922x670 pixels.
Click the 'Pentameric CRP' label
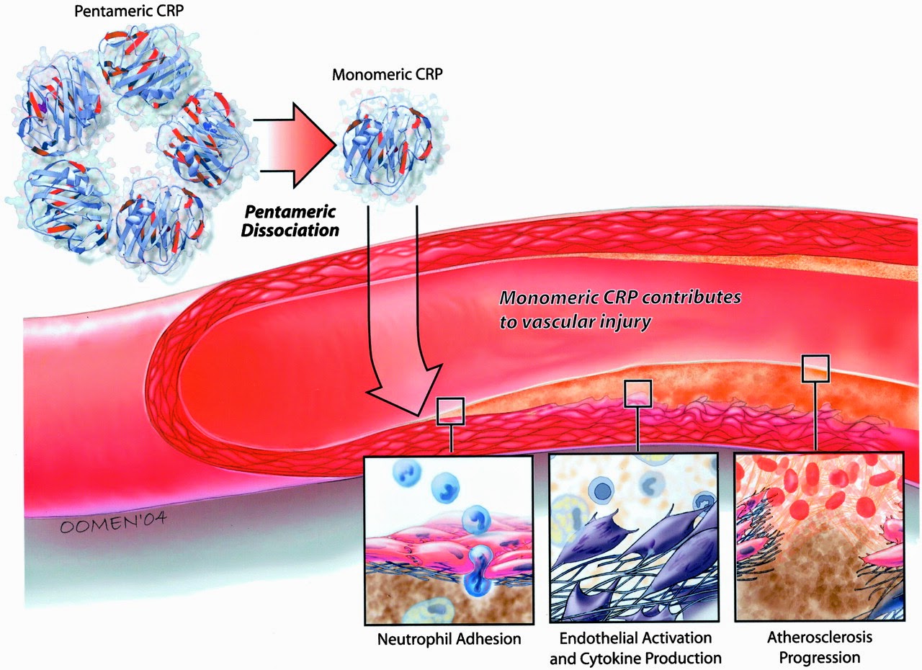(x=129, y=11)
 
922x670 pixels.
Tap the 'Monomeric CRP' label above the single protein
(x=388, y=74)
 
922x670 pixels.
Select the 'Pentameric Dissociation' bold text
(x=290, y=221)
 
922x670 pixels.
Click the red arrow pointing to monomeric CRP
(x=295, y=146)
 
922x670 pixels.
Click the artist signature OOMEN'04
(x=113, y=522)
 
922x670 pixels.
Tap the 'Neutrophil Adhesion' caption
(x=449, y=639)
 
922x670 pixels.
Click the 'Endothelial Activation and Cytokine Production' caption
(x=635, y=648)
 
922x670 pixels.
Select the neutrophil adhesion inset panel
(x=449, y=540)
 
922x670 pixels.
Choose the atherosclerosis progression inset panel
(x=820, y=537)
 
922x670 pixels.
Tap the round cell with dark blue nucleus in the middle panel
(x=602, y=490)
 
